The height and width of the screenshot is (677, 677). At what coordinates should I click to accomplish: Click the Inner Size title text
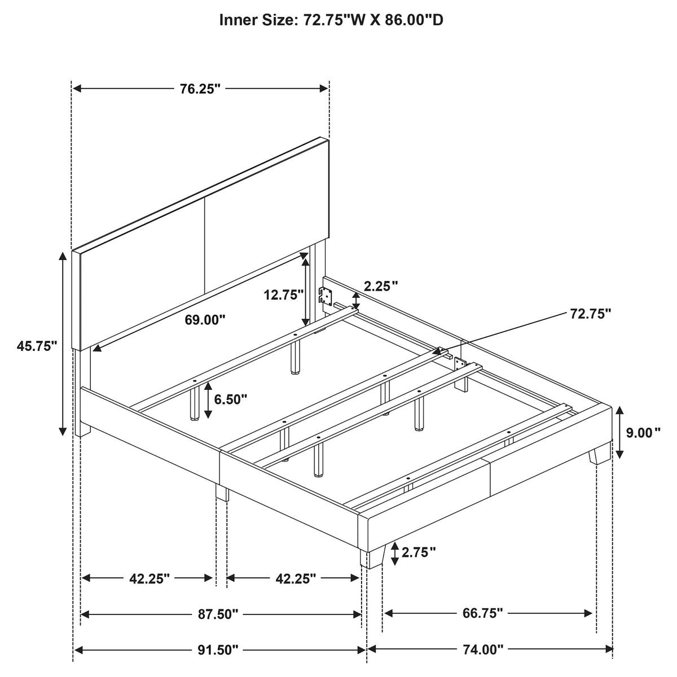(331, 20)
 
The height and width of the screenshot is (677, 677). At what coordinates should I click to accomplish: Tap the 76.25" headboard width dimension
(200, 89)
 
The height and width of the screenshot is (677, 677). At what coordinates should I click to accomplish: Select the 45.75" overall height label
(37, 346)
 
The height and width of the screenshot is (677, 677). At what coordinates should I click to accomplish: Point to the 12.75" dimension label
(284, 294)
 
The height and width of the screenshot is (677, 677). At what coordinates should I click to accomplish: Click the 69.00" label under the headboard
(205, 320)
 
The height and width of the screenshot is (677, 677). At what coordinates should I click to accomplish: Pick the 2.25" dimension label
(381, 287)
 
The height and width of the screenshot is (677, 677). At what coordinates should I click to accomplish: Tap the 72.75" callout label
(590, 313)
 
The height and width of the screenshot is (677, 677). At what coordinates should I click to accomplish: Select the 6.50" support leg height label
(231, 399)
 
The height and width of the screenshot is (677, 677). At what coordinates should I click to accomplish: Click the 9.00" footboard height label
(643, 433)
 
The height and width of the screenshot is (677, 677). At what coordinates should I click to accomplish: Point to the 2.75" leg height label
(419, 553)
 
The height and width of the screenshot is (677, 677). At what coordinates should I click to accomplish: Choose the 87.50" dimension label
(218, 614)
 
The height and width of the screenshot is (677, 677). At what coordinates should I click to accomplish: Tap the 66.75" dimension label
(482, 613)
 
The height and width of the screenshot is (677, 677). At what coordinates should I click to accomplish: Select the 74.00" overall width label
(483, 650)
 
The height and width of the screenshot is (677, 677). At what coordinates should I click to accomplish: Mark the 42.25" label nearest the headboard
(150, 579)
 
